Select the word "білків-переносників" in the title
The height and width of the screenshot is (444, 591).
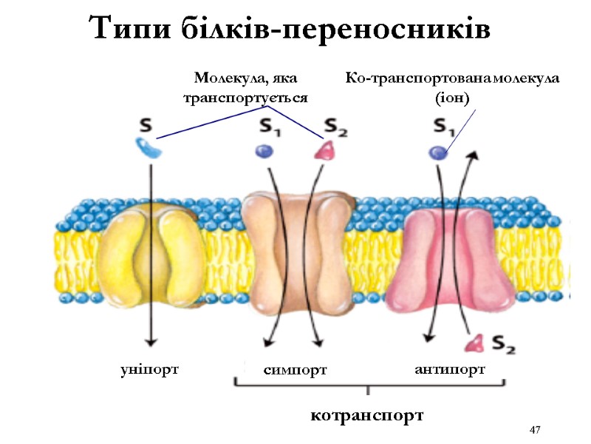(332, 29)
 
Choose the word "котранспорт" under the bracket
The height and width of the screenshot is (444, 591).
(369, 415)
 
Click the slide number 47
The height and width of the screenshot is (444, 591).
(536, 430)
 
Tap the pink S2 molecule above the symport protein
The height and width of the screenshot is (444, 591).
(324, 151)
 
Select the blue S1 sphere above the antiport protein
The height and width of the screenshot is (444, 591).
(438, 152)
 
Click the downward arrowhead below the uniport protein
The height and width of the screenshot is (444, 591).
(151, 341)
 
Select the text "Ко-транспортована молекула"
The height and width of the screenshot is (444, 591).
(454, 78)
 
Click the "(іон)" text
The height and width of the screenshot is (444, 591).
(453, 97)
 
